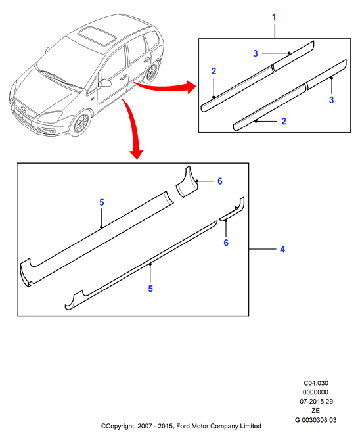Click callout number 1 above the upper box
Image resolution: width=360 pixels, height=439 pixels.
[274, 17]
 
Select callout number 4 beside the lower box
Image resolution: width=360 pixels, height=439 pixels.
[282, 249]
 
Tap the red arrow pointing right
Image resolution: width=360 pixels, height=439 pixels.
[165, 86]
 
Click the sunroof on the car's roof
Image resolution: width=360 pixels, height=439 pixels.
[97, 36]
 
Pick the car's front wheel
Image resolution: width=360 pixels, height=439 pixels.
[81, 123]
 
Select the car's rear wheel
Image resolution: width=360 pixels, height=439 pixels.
[152, 72]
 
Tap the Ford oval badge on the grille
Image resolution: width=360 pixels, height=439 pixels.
[23, 108]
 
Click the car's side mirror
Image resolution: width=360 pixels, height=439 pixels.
[104, 83]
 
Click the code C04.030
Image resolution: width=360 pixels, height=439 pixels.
[316, 383]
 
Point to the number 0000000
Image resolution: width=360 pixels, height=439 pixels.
[315, 392]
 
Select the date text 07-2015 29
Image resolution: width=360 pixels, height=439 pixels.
[317, 402]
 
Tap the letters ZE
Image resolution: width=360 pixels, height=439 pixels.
[315, 411]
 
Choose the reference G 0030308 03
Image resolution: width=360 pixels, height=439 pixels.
[316, 420]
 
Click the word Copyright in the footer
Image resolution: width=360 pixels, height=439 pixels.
[120, 427]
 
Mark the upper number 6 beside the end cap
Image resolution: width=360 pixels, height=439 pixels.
[220, 181]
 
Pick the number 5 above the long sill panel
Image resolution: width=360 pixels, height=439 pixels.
[102, 202]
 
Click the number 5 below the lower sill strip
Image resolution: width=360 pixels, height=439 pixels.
[150, 289]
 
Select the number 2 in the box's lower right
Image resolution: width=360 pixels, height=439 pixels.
[284, 121]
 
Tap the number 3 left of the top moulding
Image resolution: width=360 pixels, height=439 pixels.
[256, 53]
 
